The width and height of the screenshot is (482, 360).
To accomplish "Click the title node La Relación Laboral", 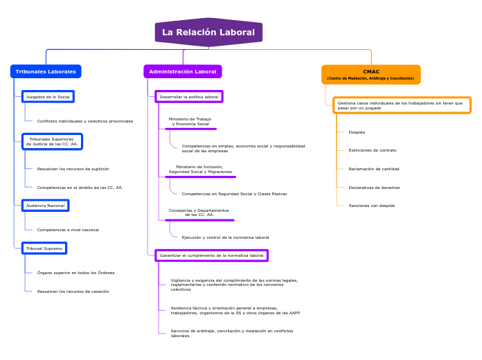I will tap(208, 33).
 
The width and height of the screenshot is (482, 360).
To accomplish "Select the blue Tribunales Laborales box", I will tap(46, 71).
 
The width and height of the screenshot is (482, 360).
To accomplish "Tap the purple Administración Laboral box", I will tap(183, 71).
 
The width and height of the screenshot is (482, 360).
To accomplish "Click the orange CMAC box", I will tap(371, 74).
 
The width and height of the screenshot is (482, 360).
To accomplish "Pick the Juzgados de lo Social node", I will tap(48, 97).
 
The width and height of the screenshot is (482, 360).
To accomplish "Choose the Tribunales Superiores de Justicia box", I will tap(52, 141).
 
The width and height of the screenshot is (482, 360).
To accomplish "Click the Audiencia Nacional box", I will tap(45, 206).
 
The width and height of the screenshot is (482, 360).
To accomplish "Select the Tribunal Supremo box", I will tap(44, 248).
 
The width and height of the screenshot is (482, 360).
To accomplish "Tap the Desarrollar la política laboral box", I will tap(188, 97).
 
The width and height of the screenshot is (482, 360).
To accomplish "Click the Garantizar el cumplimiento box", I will tap(211, 255).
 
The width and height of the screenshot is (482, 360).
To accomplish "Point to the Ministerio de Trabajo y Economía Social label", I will tap(190, 121).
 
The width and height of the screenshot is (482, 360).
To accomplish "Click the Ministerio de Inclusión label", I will tap(200, 169).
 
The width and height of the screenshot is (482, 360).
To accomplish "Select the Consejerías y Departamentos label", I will tap(199, 213).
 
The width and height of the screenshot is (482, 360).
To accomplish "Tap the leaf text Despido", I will tap(357, 132).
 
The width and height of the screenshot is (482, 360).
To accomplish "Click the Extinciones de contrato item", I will tap(373, 150).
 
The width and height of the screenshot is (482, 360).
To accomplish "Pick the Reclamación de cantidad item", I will tap(374, 169).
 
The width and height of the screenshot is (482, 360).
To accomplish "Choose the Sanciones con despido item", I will tap(372, 206).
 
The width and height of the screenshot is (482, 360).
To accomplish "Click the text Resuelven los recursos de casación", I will tap(73, 291).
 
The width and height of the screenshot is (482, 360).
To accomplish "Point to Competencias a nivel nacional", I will tap(68, 230).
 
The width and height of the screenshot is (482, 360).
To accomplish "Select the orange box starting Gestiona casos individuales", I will tap(402, 105).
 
